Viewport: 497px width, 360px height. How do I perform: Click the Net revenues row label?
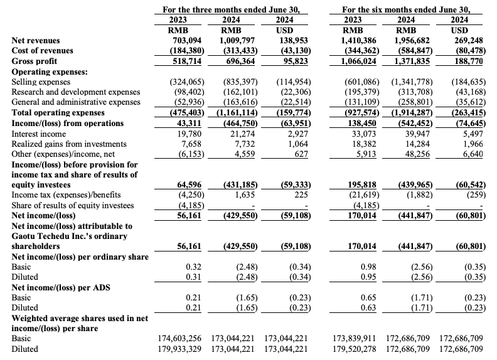pos(37,41)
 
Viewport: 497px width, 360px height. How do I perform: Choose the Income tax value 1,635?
pos(242,195)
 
